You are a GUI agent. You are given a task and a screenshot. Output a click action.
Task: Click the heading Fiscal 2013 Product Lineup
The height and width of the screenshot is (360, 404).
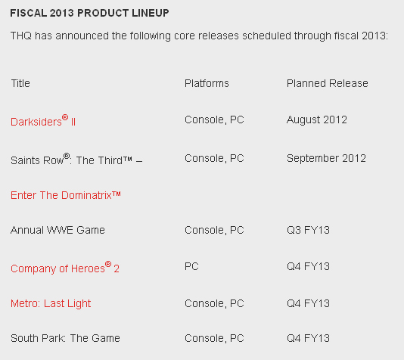(89, 13)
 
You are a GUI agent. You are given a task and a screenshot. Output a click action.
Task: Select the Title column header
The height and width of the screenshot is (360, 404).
(20, 83)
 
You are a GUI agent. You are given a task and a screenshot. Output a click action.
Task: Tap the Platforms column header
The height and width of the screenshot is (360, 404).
(207, 83)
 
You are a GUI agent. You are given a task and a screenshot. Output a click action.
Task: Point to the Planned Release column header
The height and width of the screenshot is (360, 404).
(328, 83)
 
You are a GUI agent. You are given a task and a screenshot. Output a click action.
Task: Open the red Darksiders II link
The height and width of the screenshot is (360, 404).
(43, 121)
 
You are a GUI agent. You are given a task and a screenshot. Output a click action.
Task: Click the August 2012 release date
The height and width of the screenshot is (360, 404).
(317, 120)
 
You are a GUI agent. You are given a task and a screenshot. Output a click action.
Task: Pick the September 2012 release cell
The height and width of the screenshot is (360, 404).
(326, 158)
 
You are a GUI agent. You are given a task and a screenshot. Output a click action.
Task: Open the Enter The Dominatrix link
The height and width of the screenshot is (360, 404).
(66, 195)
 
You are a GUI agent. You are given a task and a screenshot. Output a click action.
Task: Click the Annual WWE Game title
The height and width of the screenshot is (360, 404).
(57, 230)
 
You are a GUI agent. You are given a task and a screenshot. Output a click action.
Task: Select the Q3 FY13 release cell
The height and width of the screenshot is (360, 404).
(308, 230)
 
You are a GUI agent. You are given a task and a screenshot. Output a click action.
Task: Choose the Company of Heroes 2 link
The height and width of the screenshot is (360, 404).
(65, 268)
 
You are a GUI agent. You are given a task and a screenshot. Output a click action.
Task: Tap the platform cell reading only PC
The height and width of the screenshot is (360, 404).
(191, 266)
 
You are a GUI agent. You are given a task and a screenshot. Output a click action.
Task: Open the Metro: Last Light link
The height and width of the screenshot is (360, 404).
(51, 303)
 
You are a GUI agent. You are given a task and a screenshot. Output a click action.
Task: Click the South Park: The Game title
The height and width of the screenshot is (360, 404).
(65, 338)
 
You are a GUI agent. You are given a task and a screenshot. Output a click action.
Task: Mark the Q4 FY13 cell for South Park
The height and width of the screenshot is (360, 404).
(308, 338)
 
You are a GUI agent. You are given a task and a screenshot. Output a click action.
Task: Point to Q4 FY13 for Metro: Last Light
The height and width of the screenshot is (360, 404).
(308, 303)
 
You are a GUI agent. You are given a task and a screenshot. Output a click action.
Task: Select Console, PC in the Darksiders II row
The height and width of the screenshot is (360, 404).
(214, 120)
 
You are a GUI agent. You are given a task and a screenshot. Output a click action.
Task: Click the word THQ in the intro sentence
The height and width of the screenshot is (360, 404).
(21, 36)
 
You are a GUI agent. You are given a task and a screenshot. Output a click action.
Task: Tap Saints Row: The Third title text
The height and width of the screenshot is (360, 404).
(76, 160)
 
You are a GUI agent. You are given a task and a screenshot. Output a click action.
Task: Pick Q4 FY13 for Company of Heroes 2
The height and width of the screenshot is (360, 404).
(308, 266)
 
